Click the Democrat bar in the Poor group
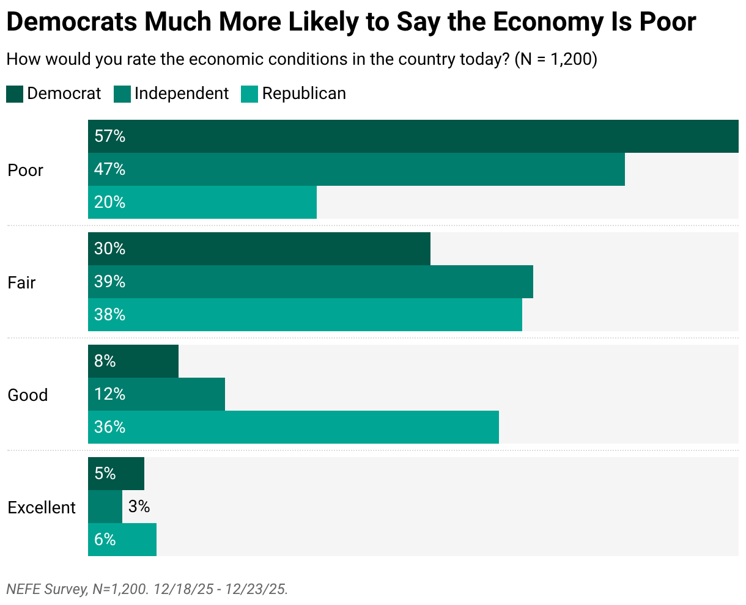click(x=413, y=136)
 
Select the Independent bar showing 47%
click(x=356, y=169)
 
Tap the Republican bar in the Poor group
click(x=202, y=202)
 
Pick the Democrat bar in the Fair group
click(x=259, y=249)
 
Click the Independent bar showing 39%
click(x=311, y=282)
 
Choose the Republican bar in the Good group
click(x=294, y=427)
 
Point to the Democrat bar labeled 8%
click(x=133, y=361)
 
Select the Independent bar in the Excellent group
click(x=105, y=507)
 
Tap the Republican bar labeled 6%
click(x=122, y=540)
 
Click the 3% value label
click(x=139, y=507)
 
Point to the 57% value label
click(x=110, y=136)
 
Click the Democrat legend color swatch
click(x=15, y=94)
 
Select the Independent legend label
click(x=181, y=94)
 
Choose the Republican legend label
click(x=304, y=94)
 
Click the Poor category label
click(x=26, y=170)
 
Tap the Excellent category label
click(x=42, y=507)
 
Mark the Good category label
click(x=28, y=395)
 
